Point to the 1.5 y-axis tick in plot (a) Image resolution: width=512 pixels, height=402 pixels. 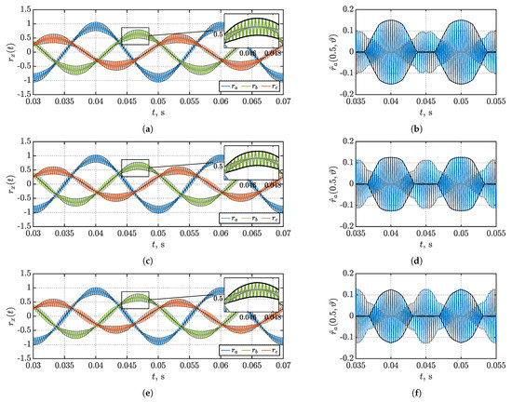[19, 8]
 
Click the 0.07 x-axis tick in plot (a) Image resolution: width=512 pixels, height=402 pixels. [282, 100]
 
